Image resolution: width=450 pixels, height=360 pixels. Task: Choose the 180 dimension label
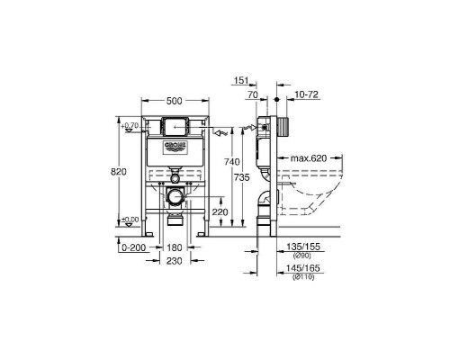coord(175,247)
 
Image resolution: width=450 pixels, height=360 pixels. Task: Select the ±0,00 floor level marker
coord(130,220)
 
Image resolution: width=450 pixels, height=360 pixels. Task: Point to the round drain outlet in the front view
coord(175,196)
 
